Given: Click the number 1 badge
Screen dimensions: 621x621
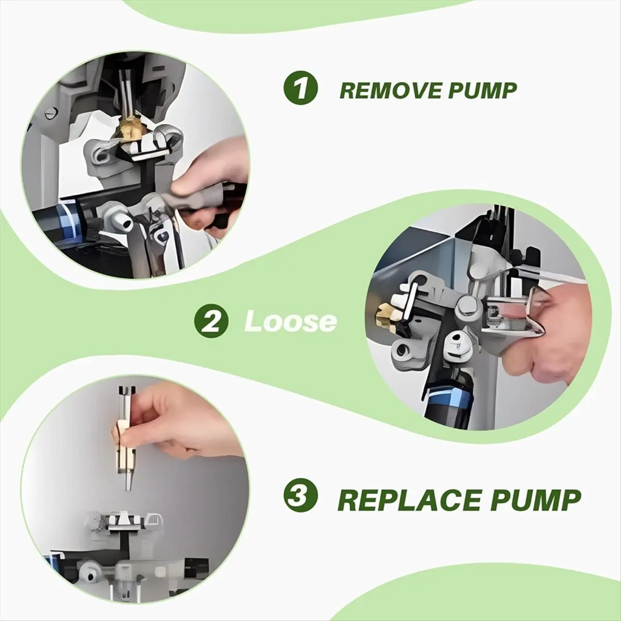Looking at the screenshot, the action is pyautogui.click(x=300, y=89).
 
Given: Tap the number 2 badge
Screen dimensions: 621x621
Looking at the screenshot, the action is pyautogui.click(x=212, y=321).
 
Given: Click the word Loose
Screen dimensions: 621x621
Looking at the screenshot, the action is pyautogui.click(x=290, y=321).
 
